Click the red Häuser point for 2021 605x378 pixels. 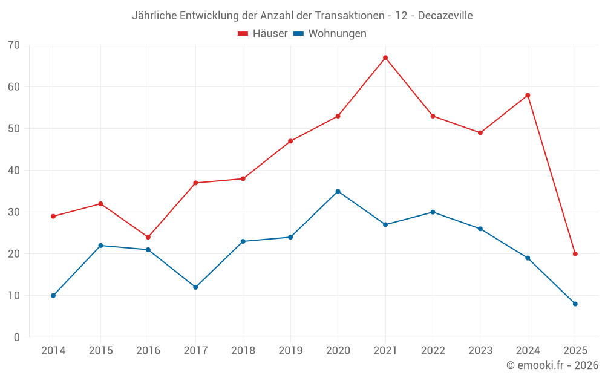(x=385, y=57)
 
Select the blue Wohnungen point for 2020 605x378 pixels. (x=338, y=191)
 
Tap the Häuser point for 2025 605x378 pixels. (x=575, y=254)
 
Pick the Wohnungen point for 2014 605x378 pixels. (x=53, y=296)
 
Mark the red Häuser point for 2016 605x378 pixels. (x=148, y=237)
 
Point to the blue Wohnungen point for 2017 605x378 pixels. (x=195, y=287)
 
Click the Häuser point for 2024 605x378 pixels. (x=528, y=95)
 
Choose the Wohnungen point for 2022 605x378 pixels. (x=433, y=212)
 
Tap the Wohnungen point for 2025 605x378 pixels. (x=575, y=304)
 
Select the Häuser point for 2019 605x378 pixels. (x=290, y=141)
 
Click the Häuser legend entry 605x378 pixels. (x=263, y=34)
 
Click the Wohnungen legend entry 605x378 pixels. (x=330, y=34)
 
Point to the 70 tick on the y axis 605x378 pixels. (x=14, y=45)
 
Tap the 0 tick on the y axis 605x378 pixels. (x=17, y=337)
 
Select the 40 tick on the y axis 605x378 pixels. (x=14, y=171)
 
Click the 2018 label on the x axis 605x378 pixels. (x=243, y=351)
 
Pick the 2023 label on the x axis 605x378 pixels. (x=480, y=351)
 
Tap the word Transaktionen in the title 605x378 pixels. (x=350, y=16)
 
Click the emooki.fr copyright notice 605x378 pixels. (x=552, y=365)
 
